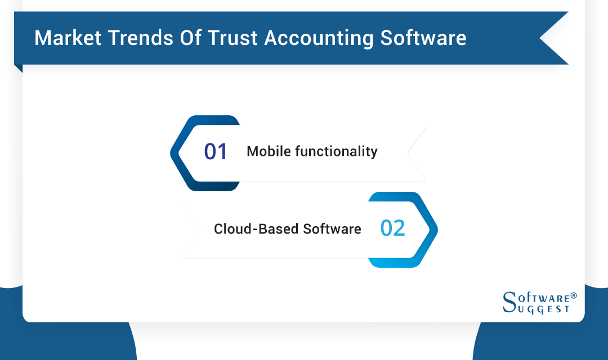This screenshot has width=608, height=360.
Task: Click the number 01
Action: pyautogui.click(x=216, y=152)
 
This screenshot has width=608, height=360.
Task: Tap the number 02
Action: pyautogui.click(x=392, y=228)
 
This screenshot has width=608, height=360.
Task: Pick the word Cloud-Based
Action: pyautogui.click(x=256, y=229)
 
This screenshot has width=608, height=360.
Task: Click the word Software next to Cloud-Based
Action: pyautogui.click(x=332, y=229)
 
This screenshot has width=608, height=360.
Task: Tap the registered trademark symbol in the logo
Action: pyautogui.click(x=574, y=295)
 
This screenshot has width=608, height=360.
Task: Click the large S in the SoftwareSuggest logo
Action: pyautogui.click(x=508, y=301)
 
